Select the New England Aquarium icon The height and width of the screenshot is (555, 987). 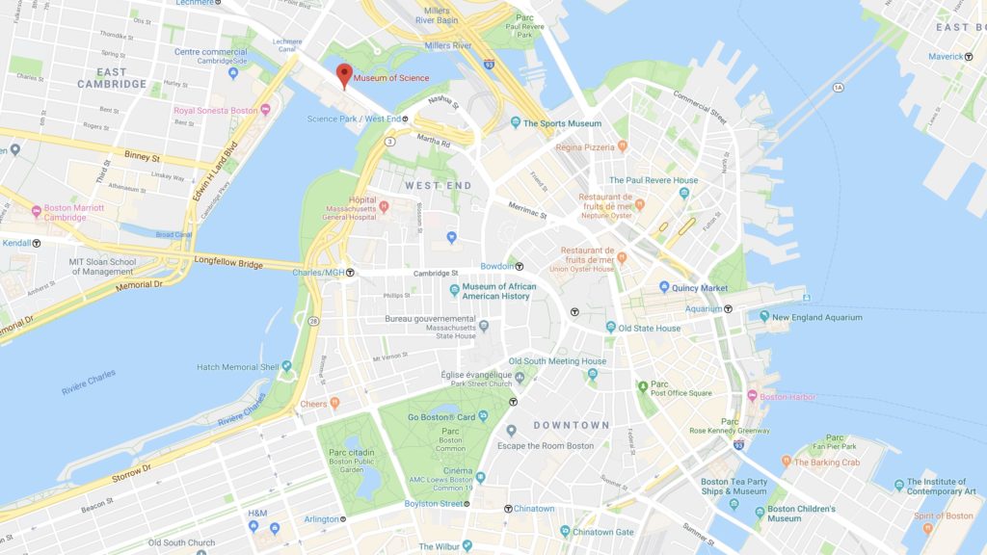point(763,316)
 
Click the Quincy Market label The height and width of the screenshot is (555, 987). point(701,287)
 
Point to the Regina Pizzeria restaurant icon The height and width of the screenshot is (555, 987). point(622,146)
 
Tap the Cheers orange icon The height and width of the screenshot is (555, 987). point(334,404)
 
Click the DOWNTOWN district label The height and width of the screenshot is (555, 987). point(572,425)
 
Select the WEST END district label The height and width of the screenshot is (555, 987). point(438,185)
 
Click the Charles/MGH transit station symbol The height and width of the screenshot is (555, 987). point(351,273)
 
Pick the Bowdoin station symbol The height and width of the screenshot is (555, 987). point(520,265)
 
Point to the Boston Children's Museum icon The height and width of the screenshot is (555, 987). point(760,513)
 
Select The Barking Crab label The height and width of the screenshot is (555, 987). point(827,462)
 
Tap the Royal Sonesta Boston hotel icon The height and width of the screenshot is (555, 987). point(265,110)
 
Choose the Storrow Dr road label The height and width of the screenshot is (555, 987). point(133,469)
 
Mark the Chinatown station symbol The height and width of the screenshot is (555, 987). point(508,509)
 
